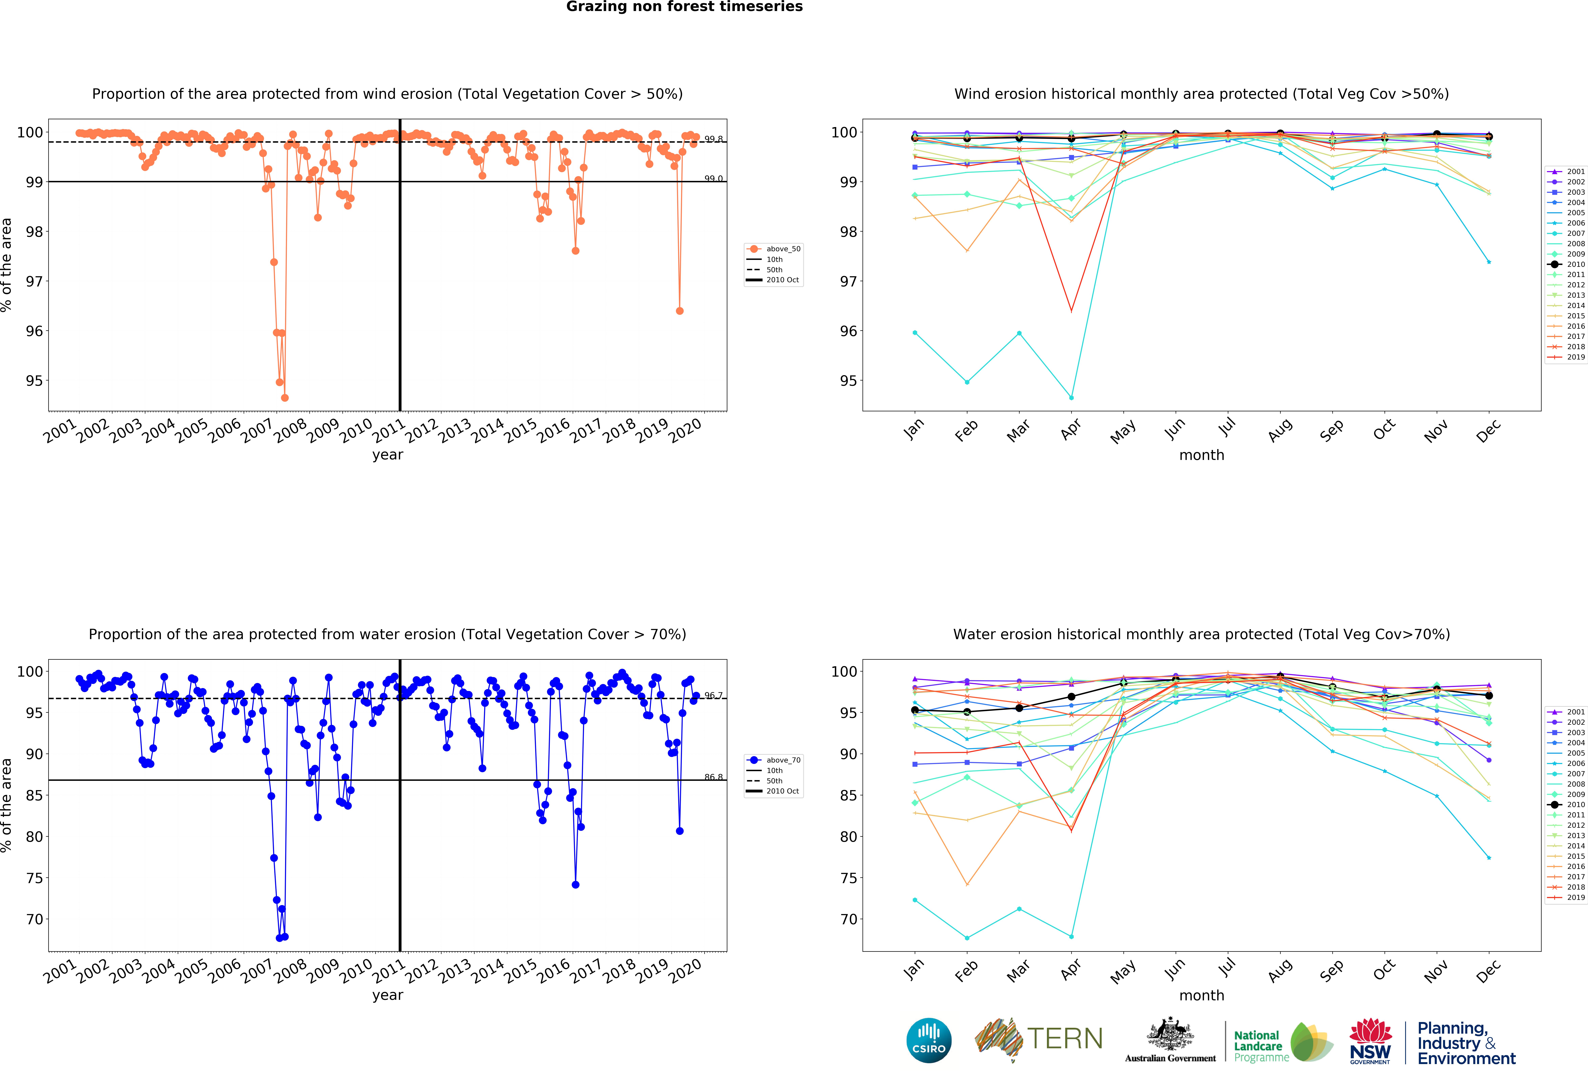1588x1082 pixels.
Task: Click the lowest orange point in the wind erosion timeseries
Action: point(284,398)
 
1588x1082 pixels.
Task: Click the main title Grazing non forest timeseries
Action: point(684,7)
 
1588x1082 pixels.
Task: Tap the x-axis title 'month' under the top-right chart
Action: point(1201,455)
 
